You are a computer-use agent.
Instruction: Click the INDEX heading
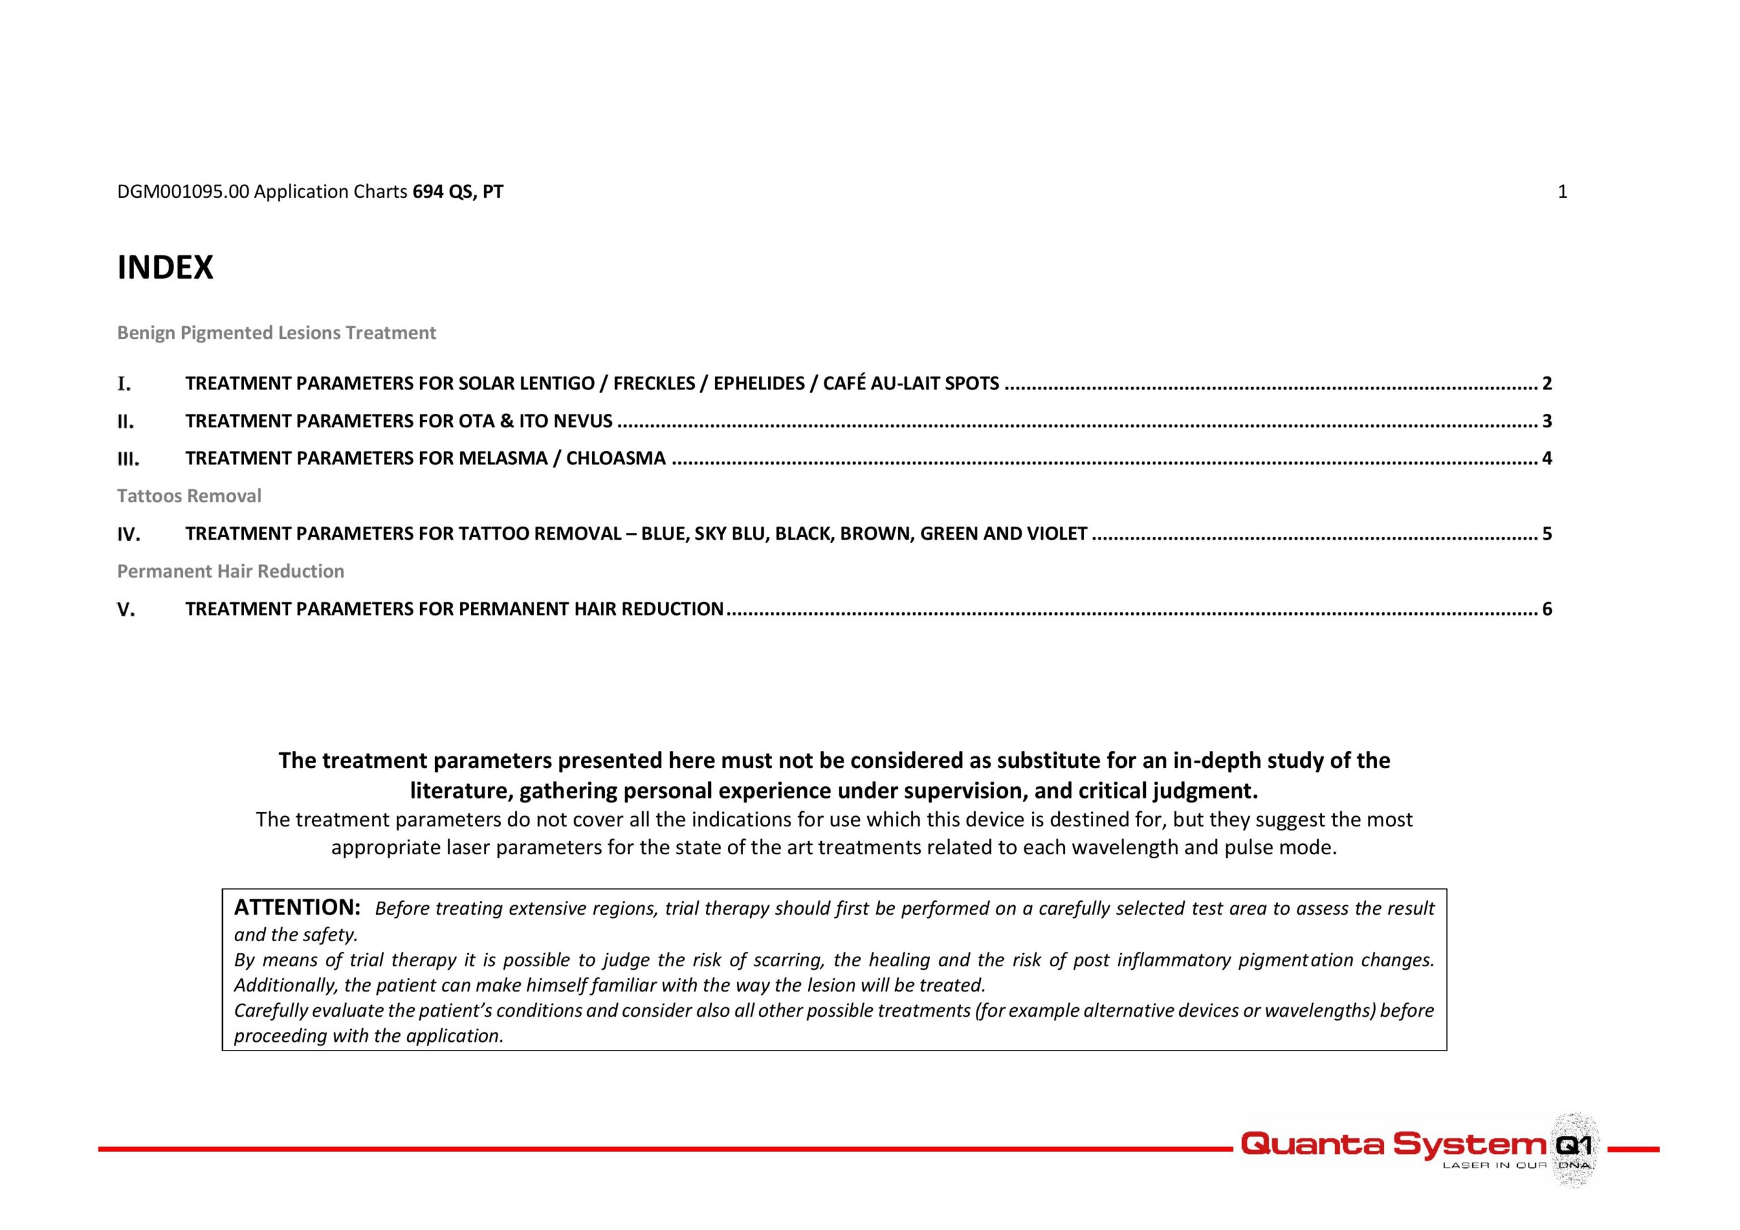coord(165,268)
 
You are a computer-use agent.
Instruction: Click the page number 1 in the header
coord(1562,192)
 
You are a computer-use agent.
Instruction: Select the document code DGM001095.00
coord(183,192)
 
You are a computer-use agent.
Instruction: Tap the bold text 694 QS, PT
coord(457,192)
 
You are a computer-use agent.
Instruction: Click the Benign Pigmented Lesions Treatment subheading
coord(276,333)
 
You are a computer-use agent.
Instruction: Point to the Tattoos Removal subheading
coord(189,495)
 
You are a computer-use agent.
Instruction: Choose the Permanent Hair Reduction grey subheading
coord(230,571)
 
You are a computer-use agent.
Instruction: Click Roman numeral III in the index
coord(128,459)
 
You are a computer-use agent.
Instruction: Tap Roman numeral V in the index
coord(126,610)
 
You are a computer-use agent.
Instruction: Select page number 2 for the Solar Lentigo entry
coord(1547,383)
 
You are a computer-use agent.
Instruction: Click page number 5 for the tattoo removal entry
coord(1547,533)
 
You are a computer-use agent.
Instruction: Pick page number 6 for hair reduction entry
coord(1547,609)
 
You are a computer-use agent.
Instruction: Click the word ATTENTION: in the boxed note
coord(297,907)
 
